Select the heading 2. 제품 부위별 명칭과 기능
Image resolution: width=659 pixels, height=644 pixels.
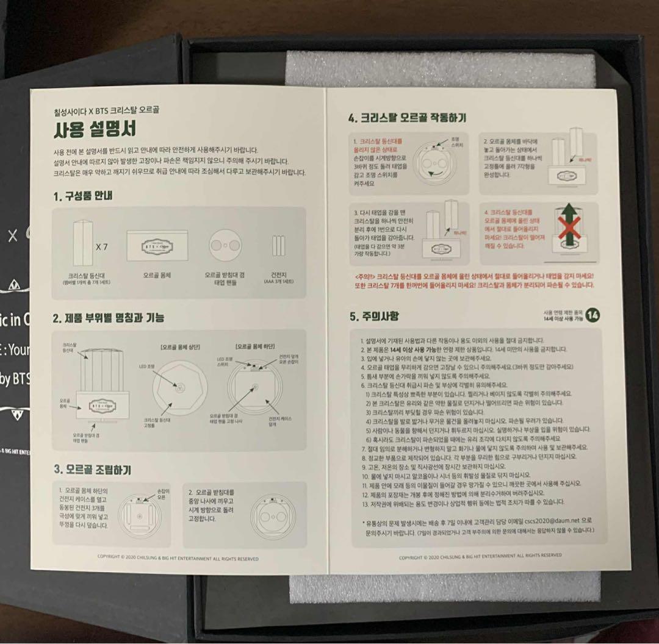pyautogui.click(x=108, y=318)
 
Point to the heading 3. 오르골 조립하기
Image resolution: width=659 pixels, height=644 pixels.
pyautogui.click(x=92, y=470)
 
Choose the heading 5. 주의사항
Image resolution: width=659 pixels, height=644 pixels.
pyautogui.click(x=375, y=316)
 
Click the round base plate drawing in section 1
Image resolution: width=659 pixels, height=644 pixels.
pyautogui.click(x=223, y=245)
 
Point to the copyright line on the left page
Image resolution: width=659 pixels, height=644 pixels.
pyautogui.click(x=178, y=558)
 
